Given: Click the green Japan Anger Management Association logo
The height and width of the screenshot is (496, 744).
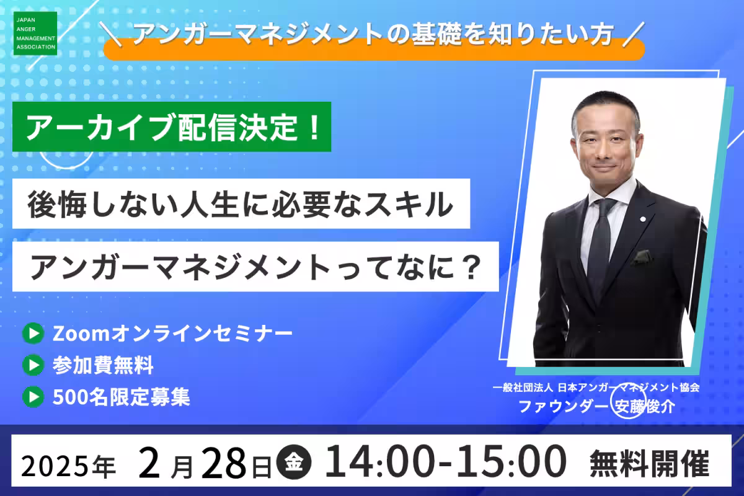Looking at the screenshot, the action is [35, 33].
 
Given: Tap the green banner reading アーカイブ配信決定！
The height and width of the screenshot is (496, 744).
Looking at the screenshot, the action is [172, 126].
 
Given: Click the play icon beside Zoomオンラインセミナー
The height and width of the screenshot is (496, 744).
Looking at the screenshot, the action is [33, 333].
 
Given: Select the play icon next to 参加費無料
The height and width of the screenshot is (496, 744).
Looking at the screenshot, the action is [33, 365].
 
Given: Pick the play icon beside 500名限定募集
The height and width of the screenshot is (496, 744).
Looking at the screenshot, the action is [33, 397].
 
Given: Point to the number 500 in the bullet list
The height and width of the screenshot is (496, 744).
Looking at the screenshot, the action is [70, 397].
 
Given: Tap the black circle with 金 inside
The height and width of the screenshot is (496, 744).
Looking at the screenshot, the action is [294, 461].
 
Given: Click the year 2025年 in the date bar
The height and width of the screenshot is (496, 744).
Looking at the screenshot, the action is [69, 466].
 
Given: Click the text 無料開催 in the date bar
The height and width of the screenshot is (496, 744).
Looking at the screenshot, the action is [649, 464].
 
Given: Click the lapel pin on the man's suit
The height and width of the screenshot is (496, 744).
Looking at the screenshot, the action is [643, 219].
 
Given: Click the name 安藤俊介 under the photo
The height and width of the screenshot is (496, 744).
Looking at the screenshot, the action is [644, 407].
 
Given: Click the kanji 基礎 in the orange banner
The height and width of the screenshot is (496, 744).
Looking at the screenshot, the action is [436, 33].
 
